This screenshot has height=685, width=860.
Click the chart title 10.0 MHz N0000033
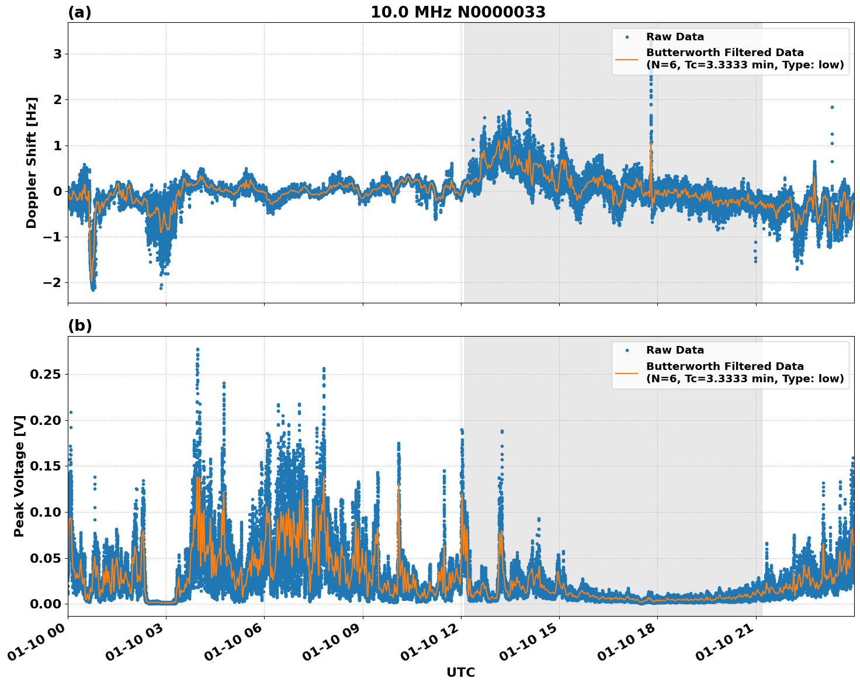(x=458, y=12)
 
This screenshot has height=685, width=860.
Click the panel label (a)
(x=79, y=12)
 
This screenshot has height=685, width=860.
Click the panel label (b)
(x=79, y=326)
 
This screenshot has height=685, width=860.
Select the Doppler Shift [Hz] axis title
(x=32, y=162)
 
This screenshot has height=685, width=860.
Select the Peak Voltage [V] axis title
(x=19, y=476)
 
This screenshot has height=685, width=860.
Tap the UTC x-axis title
(x=460, y=672)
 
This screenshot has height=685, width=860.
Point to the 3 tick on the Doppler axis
(x=58, y=54)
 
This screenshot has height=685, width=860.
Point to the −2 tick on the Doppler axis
(x=54, y=282)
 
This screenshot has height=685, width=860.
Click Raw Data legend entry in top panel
(x=675, y=37)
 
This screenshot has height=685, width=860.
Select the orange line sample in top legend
(x=627, y=59)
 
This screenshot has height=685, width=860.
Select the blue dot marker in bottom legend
(x=627, y=350)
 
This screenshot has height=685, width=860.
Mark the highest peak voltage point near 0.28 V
(x=197, y=350)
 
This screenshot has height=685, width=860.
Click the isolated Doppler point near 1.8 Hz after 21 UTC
(x=832, y=107)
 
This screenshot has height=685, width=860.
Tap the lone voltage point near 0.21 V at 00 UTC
(x=71, y=412)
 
